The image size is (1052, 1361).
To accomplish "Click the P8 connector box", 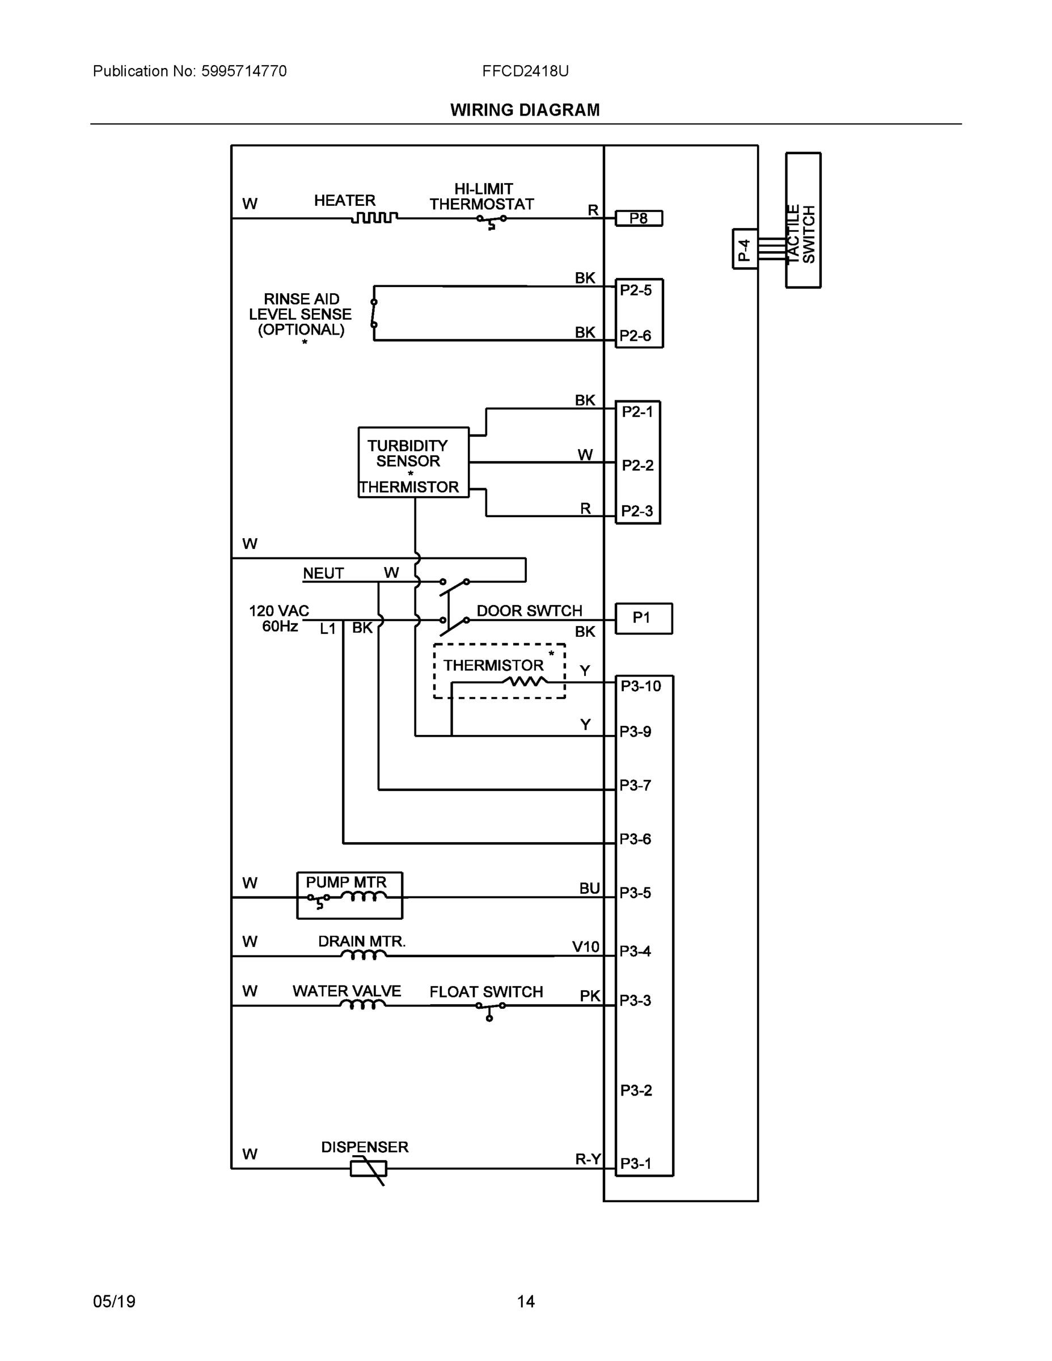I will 638,218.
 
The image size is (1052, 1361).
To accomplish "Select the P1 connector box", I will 643,618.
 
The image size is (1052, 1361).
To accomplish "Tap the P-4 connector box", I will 745,250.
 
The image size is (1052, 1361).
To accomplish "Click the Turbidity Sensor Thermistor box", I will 413,462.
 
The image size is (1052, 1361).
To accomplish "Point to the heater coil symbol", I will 374,218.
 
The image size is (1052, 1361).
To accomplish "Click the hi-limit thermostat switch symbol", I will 492,221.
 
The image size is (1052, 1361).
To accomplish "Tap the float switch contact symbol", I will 490,1009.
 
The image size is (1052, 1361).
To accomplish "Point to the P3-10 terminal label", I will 640,686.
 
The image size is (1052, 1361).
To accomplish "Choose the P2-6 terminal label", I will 635,336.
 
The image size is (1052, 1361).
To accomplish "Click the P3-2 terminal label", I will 636,1091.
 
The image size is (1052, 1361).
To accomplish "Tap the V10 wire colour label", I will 585,947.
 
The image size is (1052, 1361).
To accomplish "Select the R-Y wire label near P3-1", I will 587,1159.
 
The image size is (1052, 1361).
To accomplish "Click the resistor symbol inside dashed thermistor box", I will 526,682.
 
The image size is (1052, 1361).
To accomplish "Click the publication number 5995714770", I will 244,71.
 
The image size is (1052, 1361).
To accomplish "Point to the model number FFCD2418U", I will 525,71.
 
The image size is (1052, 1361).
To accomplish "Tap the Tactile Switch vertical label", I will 801,234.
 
